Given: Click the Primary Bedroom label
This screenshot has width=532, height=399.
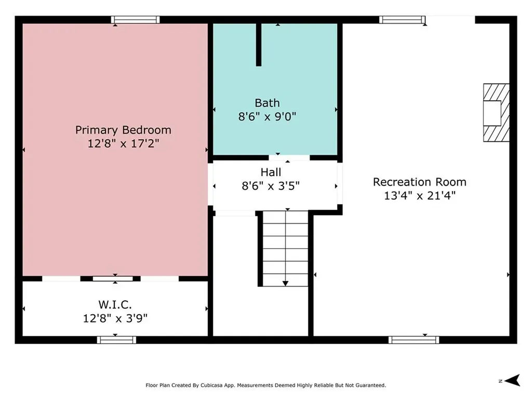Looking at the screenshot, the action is [123, 130].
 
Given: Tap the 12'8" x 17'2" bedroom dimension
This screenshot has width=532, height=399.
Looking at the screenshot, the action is [123, 143].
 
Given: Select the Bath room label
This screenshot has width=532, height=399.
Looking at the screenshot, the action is [268, 103].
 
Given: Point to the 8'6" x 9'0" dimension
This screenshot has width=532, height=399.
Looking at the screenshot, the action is [268, 116].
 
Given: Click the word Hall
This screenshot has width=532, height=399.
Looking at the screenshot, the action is [271, 172].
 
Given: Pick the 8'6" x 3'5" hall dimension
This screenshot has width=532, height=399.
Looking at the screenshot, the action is [271, 186].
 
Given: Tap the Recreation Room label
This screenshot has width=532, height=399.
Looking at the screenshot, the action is [420, 182].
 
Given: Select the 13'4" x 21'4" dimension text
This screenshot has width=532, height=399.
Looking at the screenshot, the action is [420, 195].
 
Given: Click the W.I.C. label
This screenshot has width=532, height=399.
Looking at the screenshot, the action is [115, 304].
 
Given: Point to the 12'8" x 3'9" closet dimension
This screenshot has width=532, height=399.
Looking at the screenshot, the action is [115, 318].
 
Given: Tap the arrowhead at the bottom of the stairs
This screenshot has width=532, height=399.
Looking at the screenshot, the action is [286, 284].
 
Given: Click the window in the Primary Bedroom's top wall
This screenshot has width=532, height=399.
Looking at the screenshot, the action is [136, 20].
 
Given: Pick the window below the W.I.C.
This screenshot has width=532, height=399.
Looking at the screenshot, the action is [117, 340].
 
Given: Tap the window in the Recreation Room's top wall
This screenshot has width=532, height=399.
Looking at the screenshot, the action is [402, 20].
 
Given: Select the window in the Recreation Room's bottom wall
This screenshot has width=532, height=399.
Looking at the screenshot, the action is [414, 340].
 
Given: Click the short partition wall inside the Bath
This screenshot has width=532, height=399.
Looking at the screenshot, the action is [259, 45].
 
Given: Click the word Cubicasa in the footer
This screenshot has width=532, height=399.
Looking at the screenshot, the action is [211, 385].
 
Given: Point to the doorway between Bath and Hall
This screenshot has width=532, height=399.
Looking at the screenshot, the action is [289, 158].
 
